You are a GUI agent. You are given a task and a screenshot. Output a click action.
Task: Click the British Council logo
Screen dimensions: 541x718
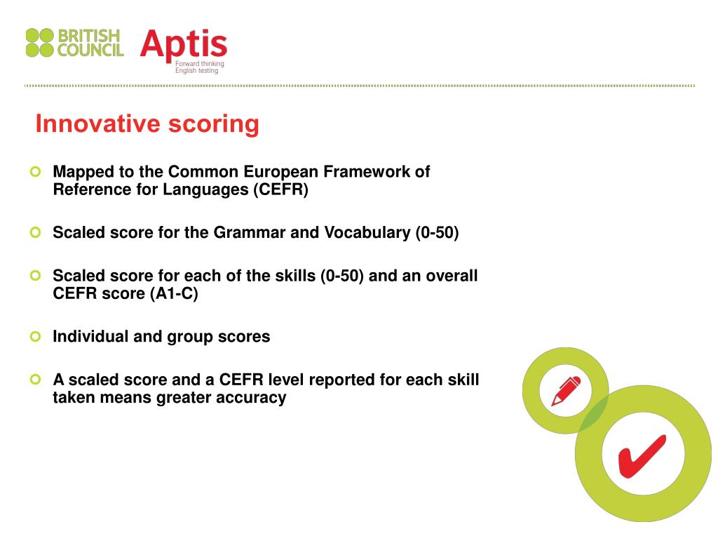[x=74, y=43]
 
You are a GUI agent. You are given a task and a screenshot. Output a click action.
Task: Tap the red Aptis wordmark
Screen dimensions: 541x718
[x=183, y=44]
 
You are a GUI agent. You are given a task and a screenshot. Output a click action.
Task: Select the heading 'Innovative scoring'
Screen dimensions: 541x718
[x=147, y=124]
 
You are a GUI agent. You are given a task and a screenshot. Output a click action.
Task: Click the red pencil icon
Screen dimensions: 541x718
[x=566, y=390]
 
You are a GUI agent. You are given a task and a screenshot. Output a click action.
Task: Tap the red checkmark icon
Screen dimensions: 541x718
[x=642, y=455]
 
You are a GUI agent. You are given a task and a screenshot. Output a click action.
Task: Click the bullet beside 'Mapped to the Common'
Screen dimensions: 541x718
[x=36, y=172]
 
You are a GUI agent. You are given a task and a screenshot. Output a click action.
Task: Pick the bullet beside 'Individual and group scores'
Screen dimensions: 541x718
[x=36, y=337]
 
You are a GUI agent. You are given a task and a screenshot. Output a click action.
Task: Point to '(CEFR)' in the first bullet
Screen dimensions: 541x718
[x=280, y=189]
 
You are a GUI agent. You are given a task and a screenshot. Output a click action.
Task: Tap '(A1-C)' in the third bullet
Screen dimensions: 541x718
[x=173, y=293]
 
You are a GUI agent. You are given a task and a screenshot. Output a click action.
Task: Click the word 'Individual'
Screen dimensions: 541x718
[x=90, y=337]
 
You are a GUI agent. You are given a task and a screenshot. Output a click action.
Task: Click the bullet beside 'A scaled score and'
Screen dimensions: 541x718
[x=36, y=380]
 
